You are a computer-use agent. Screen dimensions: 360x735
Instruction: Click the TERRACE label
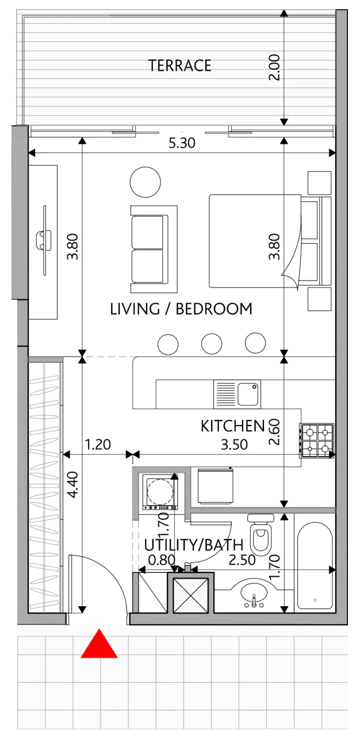[179, 66]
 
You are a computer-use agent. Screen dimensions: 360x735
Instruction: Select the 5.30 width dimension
[182, 143]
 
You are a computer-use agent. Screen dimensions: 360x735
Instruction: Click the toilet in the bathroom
[261, 534]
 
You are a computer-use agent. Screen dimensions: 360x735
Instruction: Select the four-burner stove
[317, 441]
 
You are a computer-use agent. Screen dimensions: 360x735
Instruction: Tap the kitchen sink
[237, 394]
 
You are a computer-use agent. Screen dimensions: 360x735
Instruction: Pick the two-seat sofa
[154, 249]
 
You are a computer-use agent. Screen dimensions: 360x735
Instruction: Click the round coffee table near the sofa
[145, 182]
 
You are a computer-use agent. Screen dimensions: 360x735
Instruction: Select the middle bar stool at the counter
[212, 343]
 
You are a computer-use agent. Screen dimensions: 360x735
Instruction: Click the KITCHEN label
[233, 426]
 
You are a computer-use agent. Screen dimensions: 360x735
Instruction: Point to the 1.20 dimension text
[98, 445]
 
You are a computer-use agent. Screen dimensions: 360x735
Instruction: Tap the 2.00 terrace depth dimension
[274, 67]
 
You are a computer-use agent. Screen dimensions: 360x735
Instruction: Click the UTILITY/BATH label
[194, 545]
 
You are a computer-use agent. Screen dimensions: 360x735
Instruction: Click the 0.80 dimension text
[162, 560]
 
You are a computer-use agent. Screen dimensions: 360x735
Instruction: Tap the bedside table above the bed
[319, 183]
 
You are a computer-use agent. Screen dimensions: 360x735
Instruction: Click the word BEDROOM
[214, 309]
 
